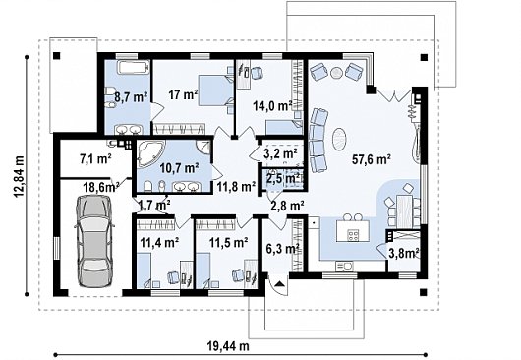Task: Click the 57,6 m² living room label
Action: pos(372,160)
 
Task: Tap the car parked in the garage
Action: pos(94,241)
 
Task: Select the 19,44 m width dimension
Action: pos(228,346)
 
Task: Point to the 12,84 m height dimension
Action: pos(20,176)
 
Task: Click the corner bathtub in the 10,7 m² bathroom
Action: pos(150,153)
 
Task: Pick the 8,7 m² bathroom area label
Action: pos(131,97)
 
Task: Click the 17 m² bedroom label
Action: pos(183,94)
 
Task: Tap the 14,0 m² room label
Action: pos(272,106)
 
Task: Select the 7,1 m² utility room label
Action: pos(95,159)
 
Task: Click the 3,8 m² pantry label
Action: pos(403,254)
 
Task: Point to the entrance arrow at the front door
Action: pos(280,284)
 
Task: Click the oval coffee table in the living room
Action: pos(339,140)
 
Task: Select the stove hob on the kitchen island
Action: pos(353,235)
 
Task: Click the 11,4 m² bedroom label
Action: pos(159,242)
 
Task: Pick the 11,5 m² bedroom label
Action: pos(228,242)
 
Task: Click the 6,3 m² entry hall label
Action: pos(283,248)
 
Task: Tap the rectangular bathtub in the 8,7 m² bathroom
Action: pos(134,68)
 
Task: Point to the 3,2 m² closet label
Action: pos(280,153)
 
